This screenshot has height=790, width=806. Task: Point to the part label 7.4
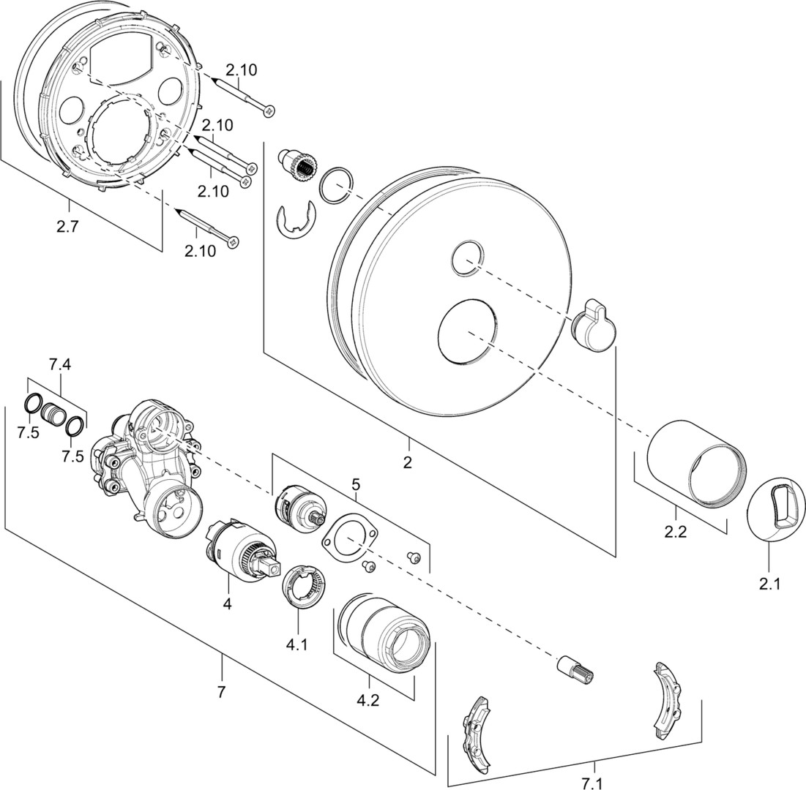[x=61, y=364]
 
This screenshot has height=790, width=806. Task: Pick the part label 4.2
[x=367, y=700]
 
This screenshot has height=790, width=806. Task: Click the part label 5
[x=356, y=484]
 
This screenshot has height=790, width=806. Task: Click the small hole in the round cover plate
[x=466, y=258]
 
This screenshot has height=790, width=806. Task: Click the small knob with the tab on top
[x=592, y=327]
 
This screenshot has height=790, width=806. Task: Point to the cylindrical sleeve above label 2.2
[x=695, y=462]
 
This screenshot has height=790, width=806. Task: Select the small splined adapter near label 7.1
[x=576, y=669]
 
